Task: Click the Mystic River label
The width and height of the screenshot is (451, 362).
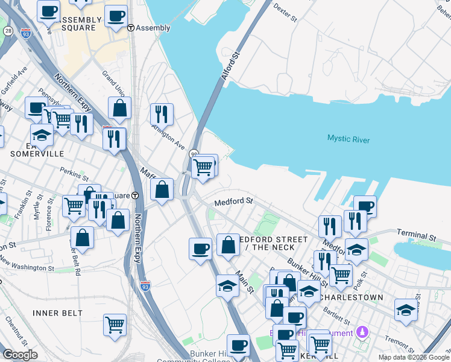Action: [348, 139]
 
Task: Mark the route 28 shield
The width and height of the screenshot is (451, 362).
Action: [8, 31]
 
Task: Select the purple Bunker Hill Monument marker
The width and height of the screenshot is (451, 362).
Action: [362, 331]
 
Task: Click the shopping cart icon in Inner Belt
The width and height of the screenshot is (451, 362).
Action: [115, 324]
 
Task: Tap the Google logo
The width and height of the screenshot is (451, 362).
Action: [20, 355]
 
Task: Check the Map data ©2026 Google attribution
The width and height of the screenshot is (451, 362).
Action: [414, 357]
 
